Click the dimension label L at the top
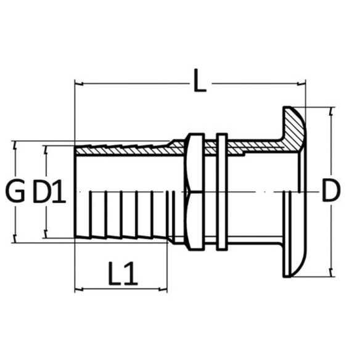pyautogui.click(x=200, y=80)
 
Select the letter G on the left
pyautogui.click(x=15, y=191)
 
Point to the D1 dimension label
pyautogui.click(x=49, y=191)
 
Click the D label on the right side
pyautogui.click(x=331, y=190)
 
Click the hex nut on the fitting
pyautogui.click(x=195, y=192)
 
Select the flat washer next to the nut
pyautogui.click(x=222, y=192)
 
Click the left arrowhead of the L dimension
pyautogui.click(x=79, y=84)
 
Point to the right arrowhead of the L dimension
pyautogui.click(x=301, y=84)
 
